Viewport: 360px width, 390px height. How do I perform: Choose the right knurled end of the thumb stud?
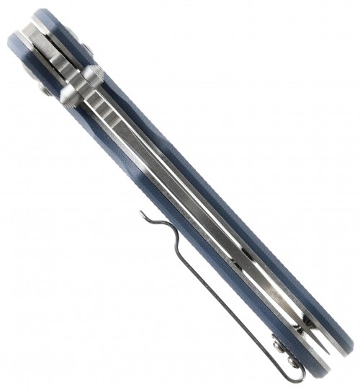click(x=93, y=74)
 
